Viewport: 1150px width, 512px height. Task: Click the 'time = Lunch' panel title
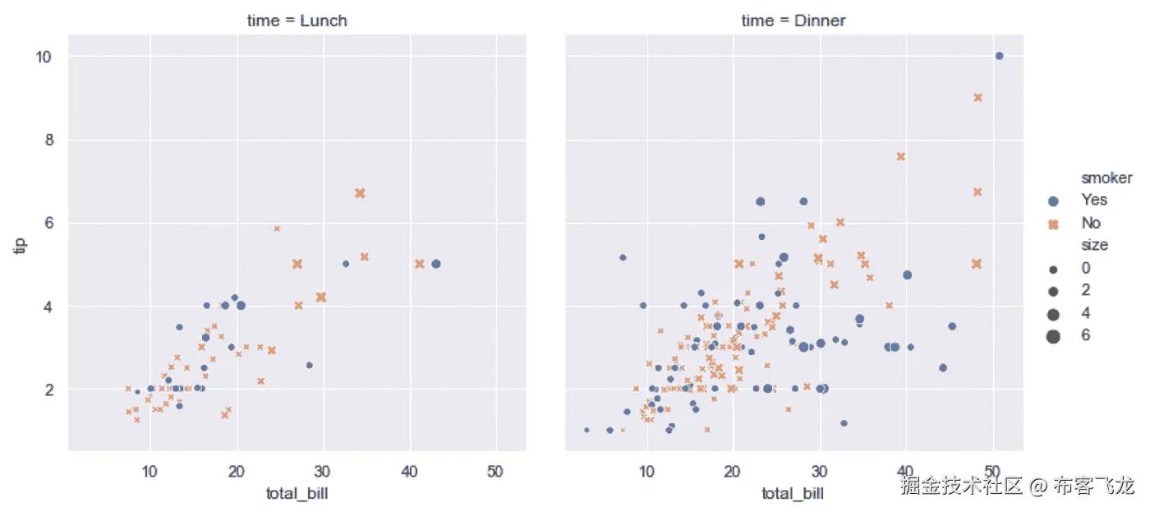[x=297, y=21]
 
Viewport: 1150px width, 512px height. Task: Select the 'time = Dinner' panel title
[x=793, y=21]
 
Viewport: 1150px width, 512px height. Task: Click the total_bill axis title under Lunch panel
[x=297, y=493]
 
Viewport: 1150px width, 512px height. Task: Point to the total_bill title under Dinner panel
[x=793, y=493]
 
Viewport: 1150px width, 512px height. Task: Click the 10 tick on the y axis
[x=44, y=57]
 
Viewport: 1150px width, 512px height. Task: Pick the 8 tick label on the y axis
[x=48, y=140]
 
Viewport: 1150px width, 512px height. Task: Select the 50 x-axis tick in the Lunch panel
[x=495, y=472]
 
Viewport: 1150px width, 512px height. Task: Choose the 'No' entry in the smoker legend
[x=1091, y=223]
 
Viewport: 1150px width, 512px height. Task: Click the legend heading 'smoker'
[x=1106, y=178]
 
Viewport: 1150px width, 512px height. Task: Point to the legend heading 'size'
[x=1094, y=245]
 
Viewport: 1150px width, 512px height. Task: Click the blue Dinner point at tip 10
[x=999, y=56]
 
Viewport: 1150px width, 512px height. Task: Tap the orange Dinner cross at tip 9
[x=977, y=97]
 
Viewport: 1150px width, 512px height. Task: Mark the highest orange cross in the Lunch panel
[x=359, y=193]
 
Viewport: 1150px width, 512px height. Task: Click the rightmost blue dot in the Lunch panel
[x=435, y=264]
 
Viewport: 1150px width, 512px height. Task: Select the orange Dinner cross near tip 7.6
[x=900, y=156]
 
